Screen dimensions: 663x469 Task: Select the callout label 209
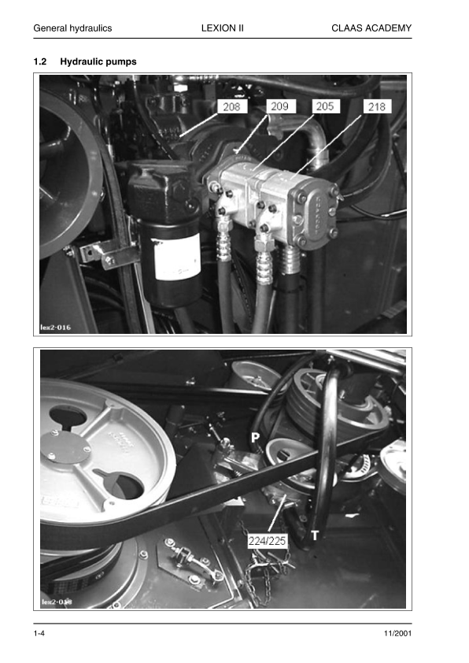point(279,106)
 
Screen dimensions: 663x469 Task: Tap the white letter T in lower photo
point(316,535)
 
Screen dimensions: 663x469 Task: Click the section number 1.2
point(40,61)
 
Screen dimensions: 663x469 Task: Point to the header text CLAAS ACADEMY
point(372,28)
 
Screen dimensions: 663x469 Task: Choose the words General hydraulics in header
point(72,28)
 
